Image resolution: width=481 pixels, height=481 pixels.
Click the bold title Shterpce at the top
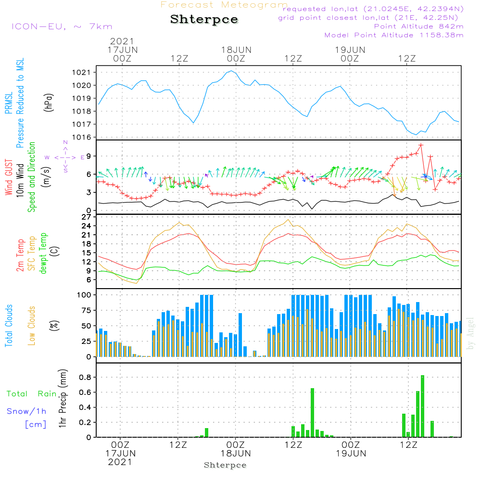point(204,20)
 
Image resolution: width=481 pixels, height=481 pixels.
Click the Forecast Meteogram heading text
point(224,5)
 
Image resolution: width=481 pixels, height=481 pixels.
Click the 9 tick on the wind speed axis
point(89,156)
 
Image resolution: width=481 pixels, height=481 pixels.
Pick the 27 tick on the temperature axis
point(87,217)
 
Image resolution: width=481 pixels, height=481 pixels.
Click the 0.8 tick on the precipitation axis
point(85,377)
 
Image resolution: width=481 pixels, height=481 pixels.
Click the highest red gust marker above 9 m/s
point(421,145)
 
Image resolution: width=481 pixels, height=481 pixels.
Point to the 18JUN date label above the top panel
point(236,50)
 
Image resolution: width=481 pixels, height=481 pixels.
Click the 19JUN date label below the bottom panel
point(350,453)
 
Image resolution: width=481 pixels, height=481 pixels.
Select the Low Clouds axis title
point(32,325)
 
